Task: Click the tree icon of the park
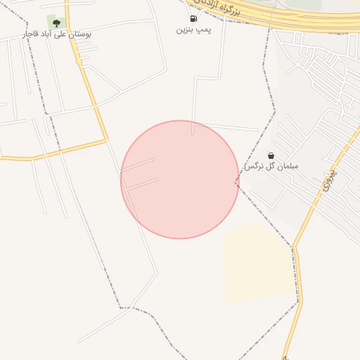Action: pos(56,23)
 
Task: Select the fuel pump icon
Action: pos(193,18)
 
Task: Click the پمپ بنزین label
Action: pos(193,30)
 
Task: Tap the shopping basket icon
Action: pos(271,155)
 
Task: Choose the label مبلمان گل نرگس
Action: pos(271,167)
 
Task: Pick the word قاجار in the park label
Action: pos(32,34)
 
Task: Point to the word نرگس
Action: pos(252,167)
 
